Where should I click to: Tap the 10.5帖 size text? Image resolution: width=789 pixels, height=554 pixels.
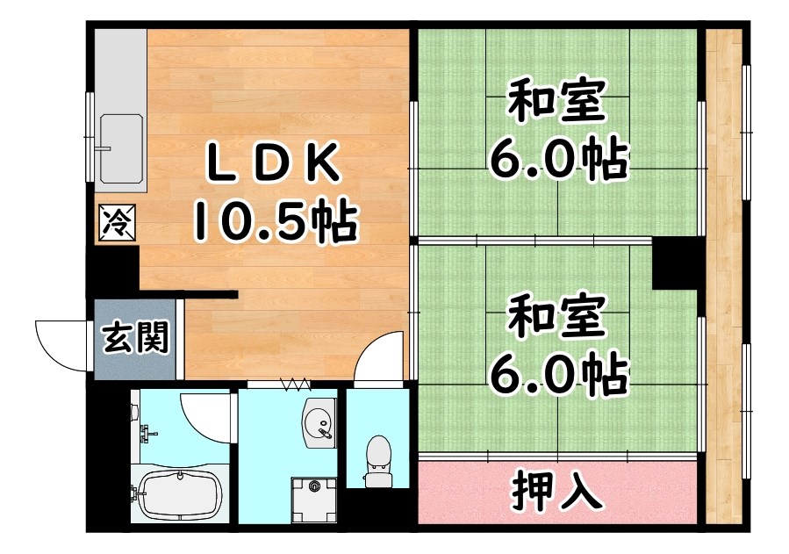pyautogui.click(x=274, y=221)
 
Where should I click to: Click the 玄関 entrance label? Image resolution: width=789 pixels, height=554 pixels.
pyautogui.click(x=135, y=338)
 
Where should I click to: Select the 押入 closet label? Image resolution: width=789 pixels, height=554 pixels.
pyautogui.click(x=558, y=493)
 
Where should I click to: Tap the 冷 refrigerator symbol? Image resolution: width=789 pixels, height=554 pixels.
pyautogui.click(x=116, y=221)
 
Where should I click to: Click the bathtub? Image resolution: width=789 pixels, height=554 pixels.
pyautogui.click(x=179, y=497)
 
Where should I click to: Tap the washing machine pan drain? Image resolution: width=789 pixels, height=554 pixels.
pyautogui.click(x=313, y=483)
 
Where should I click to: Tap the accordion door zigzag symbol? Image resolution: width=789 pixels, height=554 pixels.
pyautogui.click(x=296, y=383)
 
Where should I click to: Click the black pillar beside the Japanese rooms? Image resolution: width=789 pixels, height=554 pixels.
pyautogui.click(x=673, y=263)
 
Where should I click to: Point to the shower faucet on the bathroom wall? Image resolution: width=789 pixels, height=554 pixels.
pyautogui.click(x=146, y=431)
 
